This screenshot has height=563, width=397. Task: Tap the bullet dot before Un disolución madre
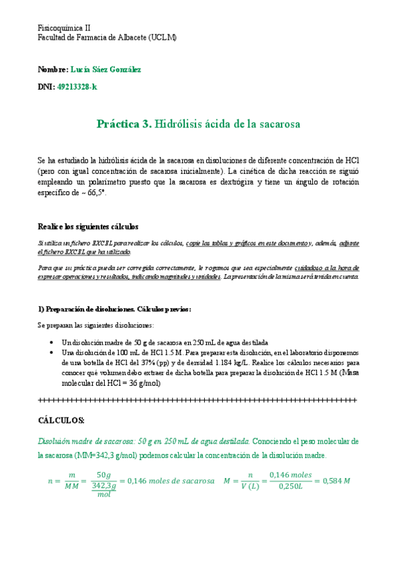tap(52, 341)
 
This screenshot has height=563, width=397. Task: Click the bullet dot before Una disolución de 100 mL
tap(52, 353)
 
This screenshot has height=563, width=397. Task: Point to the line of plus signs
tap(198, 400)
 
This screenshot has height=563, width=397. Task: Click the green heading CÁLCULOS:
tap(61, 421)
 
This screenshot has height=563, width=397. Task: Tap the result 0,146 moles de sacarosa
tap(170, 481)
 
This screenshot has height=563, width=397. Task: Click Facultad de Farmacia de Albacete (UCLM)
tap(106, 38)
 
